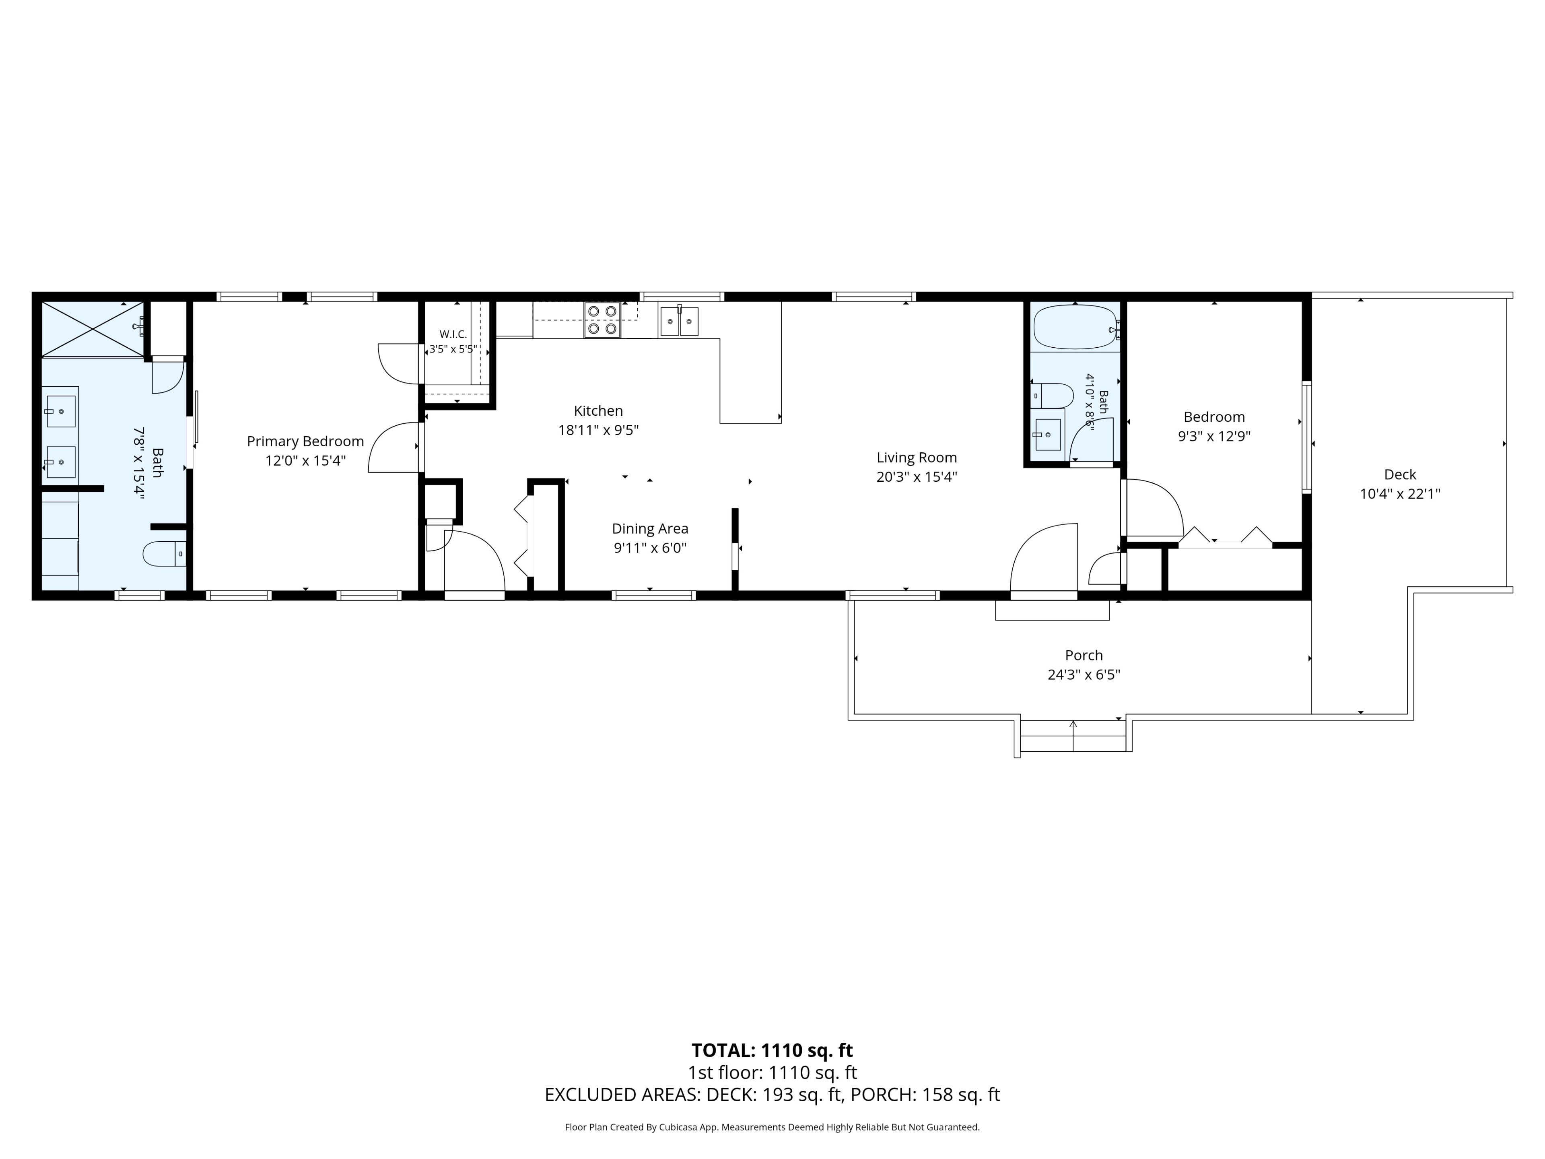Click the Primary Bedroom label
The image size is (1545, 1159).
305,441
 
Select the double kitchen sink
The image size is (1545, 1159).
679,322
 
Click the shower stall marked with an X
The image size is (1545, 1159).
92,329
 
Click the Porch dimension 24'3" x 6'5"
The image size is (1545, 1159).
1084,675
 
